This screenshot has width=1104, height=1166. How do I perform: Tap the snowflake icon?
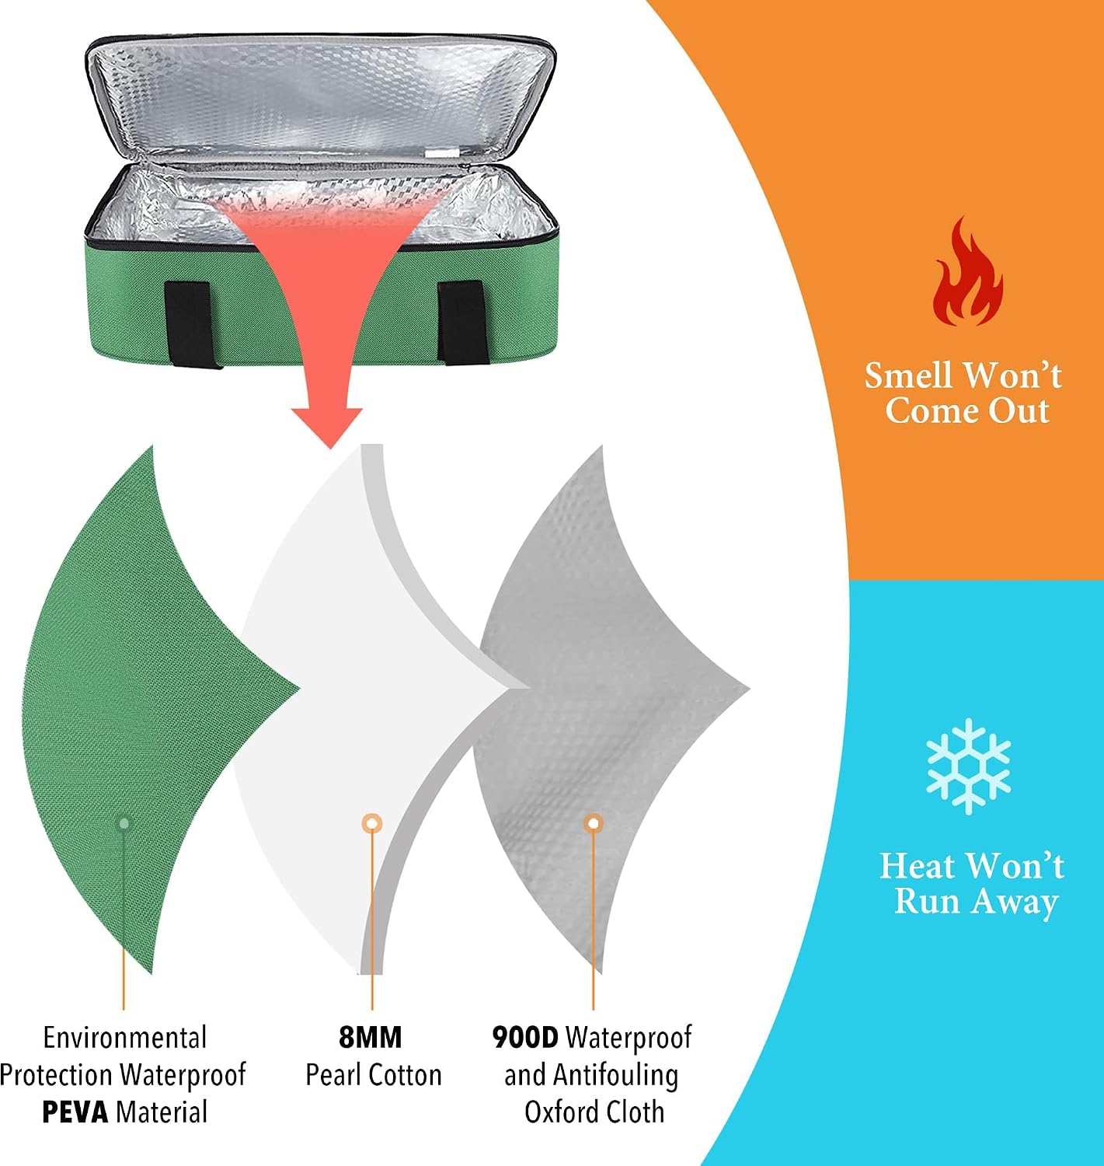(968, 766)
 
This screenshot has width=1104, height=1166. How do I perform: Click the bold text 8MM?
(371, 1037)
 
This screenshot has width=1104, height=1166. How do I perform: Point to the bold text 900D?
(525, 1037)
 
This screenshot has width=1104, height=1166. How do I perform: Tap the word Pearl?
(334, 1075)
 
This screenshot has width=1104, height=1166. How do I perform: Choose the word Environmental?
(125, 1038)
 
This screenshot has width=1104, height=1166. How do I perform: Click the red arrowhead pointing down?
(327, 427)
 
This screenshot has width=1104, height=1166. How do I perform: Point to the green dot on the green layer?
(124, 823)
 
